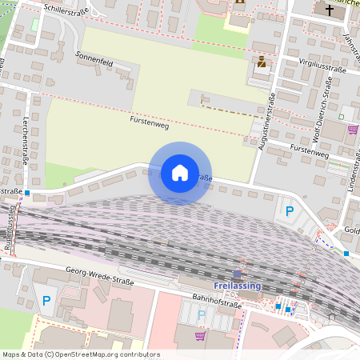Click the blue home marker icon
pos(179,173)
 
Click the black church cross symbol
pos(329,10)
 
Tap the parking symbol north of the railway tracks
pos(290,212)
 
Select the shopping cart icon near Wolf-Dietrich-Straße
pos(352,129)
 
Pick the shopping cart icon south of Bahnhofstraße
pos(199,336)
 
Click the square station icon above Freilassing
pos(237,274)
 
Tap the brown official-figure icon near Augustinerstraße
pos(261,61)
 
